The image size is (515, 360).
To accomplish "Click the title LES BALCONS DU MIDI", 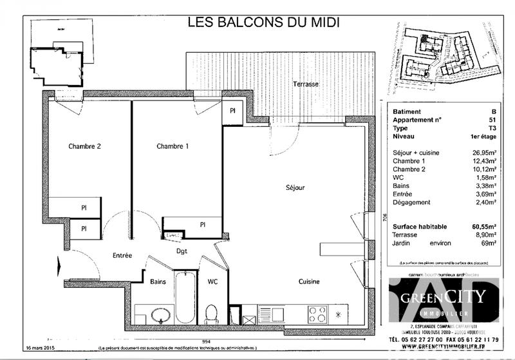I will point(263,22).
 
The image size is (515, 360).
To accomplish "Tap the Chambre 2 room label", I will point(85,146).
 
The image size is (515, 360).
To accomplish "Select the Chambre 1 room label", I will point(173,146).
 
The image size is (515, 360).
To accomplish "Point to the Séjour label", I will point(295,188).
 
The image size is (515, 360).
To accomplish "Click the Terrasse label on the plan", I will point(306,84).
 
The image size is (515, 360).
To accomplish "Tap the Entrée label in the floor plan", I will point(122,256).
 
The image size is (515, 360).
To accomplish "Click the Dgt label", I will point(182,251).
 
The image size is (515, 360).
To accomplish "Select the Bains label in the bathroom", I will point(158,281).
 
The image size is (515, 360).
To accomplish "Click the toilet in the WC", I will point(211,314).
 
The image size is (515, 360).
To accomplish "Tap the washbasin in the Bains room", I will point(159,315).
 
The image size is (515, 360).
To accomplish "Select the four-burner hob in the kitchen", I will point(317,314).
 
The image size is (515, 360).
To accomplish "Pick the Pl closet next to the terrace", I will point(232,110).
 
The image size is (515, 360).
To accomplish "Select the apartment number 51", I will point(492,120).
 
